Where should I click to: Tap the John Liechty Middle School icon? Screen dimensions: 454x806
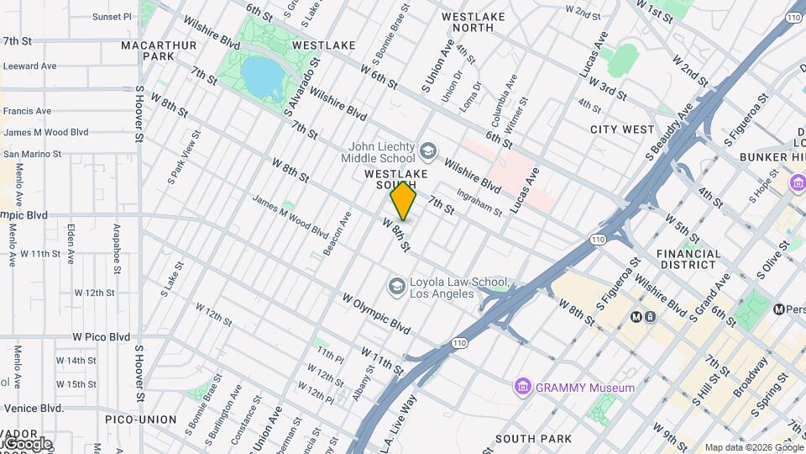point(428,150)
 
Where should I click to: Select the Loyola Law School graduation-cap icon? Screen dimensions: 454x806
point(395,287)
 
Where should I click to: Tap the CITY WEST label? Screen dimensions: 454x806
point(621,129)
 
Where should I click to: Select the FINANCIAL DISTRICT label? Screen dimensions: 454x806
point(688,259)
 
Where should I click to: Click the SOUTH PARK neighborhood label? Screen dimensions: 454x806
point(533,439)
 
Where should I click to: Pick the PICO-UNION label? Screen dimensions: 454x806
point(141,419)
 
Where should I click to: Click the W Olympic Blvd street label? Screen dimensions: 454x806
point(375,313)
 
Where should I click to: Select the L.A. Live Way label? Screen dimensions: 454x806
point(402,422)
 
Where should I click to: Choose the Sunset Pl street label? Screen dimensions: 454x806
point(112,16)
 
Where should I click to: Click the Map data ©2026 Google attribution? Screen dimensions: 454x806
point(753,447)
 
